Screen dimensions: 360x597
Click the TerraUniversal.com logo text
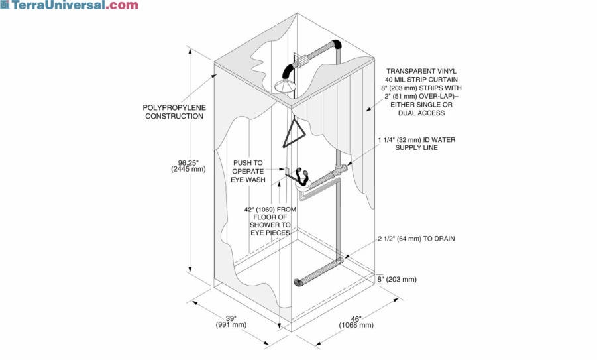coord(73,5)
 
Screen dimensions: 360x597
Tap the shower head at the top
coord(286,85)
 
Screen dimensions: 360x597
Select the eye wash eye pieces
coord(303,175)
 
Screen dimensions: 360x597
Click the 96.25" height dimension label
coord(192,161)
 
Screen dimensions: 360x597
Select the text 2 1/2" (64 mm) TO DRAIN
coord(416,239)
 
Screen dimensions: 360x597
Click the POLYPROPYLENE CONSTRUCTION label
coord(174,111)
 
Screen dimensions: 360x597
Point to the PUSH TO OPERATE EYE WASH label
coord(248,171)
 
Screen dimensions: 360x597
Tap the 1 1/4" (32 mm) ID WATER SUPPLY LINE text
coord(417,143)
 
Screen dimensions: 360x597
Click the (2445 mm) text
coord(192,169)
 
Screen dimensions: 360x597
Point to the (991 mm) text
coord(230,325)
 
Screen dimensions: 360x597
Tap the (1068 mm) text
coord(356,325)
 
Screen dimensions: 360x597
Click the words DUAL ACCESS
coord(421,113)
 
